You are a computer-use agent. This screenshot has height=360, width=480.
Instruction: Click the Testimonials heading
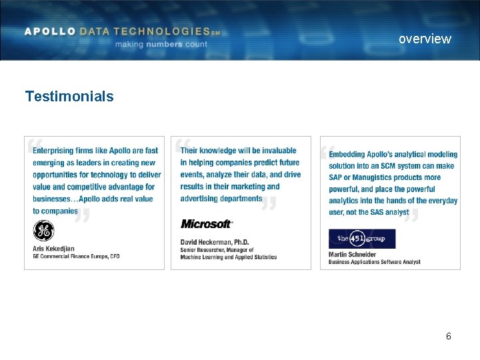[69, 97]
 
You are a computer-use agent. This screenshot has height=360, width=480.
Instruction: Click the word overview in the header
[425, 39]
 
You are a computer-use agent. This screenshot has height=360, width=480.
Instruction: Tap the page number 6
[449, 336]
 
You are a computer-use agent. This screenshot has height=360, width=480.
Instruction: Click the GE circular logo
[43, 231]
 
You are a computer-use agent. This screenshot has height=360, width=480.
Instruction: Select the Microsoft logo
[207, 224]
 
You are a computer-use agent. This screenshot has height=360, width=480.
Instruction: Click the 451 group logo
[362, 239]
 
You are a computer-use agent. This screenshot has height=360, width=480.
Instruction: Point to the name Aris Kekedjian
[53, 249]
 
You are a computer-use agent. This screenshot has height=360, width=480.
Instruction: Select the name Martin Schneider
[352, 254]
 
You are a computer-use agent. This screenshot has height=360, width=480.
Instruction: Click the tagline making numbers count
[161, 44]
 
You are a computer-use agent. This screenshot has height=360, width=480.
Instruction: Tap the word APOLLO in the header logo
[49, 31]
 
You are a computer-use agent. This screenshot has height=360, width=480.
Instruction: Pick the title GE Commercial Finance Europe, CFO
[76, 256]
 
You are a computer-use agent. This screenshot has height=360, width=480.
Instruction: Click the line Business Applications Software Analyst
[374, 262]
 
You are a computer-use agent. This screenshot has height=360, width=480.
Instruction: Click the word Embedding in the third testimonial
[348, 155]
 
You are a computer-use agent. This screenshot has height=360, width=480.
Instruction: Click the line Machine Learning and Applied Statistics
[228, 257]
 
